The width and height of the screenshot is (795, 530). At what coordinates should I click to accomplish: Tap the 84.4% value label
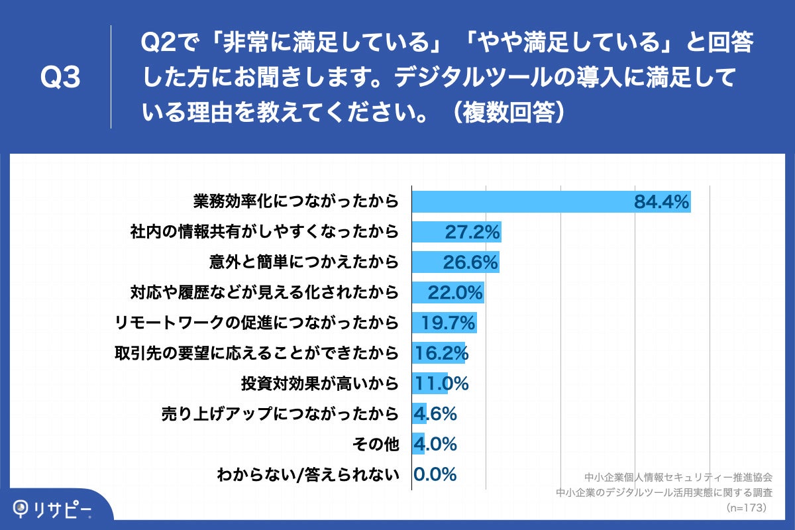(662, 201)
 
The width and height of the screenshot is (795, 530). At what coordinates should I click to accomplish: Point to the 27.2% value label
(471, 232)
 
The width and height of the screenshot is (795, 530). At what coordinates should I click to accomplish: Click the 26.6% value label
(470, 262)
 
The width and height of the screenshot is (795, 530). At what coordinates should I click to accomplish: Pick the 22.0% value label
(456, 293)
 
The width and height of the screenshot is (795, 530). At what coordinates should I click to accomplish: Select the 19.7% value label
(449, 323)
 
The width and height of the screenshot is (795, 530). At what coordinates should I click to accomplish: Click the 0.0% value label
(435, 474)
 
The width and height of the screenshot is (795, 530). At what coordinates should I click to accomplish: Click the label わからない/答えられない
(308, 474)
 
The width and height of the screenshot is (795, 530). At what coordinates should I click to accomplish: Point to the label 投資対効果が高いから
(320, 384)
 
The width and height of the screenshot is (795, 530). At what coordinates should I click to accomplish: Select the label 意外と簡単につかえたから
(304, 262)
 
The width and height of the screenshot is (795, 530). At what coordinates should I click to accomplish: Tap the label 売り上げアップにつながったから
(280, 414)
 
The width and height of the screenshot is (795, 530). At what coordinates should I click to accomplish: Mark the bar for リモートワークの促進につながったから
(444, 323)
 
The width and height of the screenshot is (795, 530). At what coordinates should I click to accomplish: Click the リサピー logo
(53, 509)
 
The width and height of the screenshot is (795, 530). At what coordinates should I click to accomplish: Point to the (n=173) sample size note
(746, 507)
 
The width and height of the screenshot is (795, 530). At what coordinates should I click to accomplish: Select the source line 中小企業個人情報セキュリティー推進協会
(678, 477)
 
